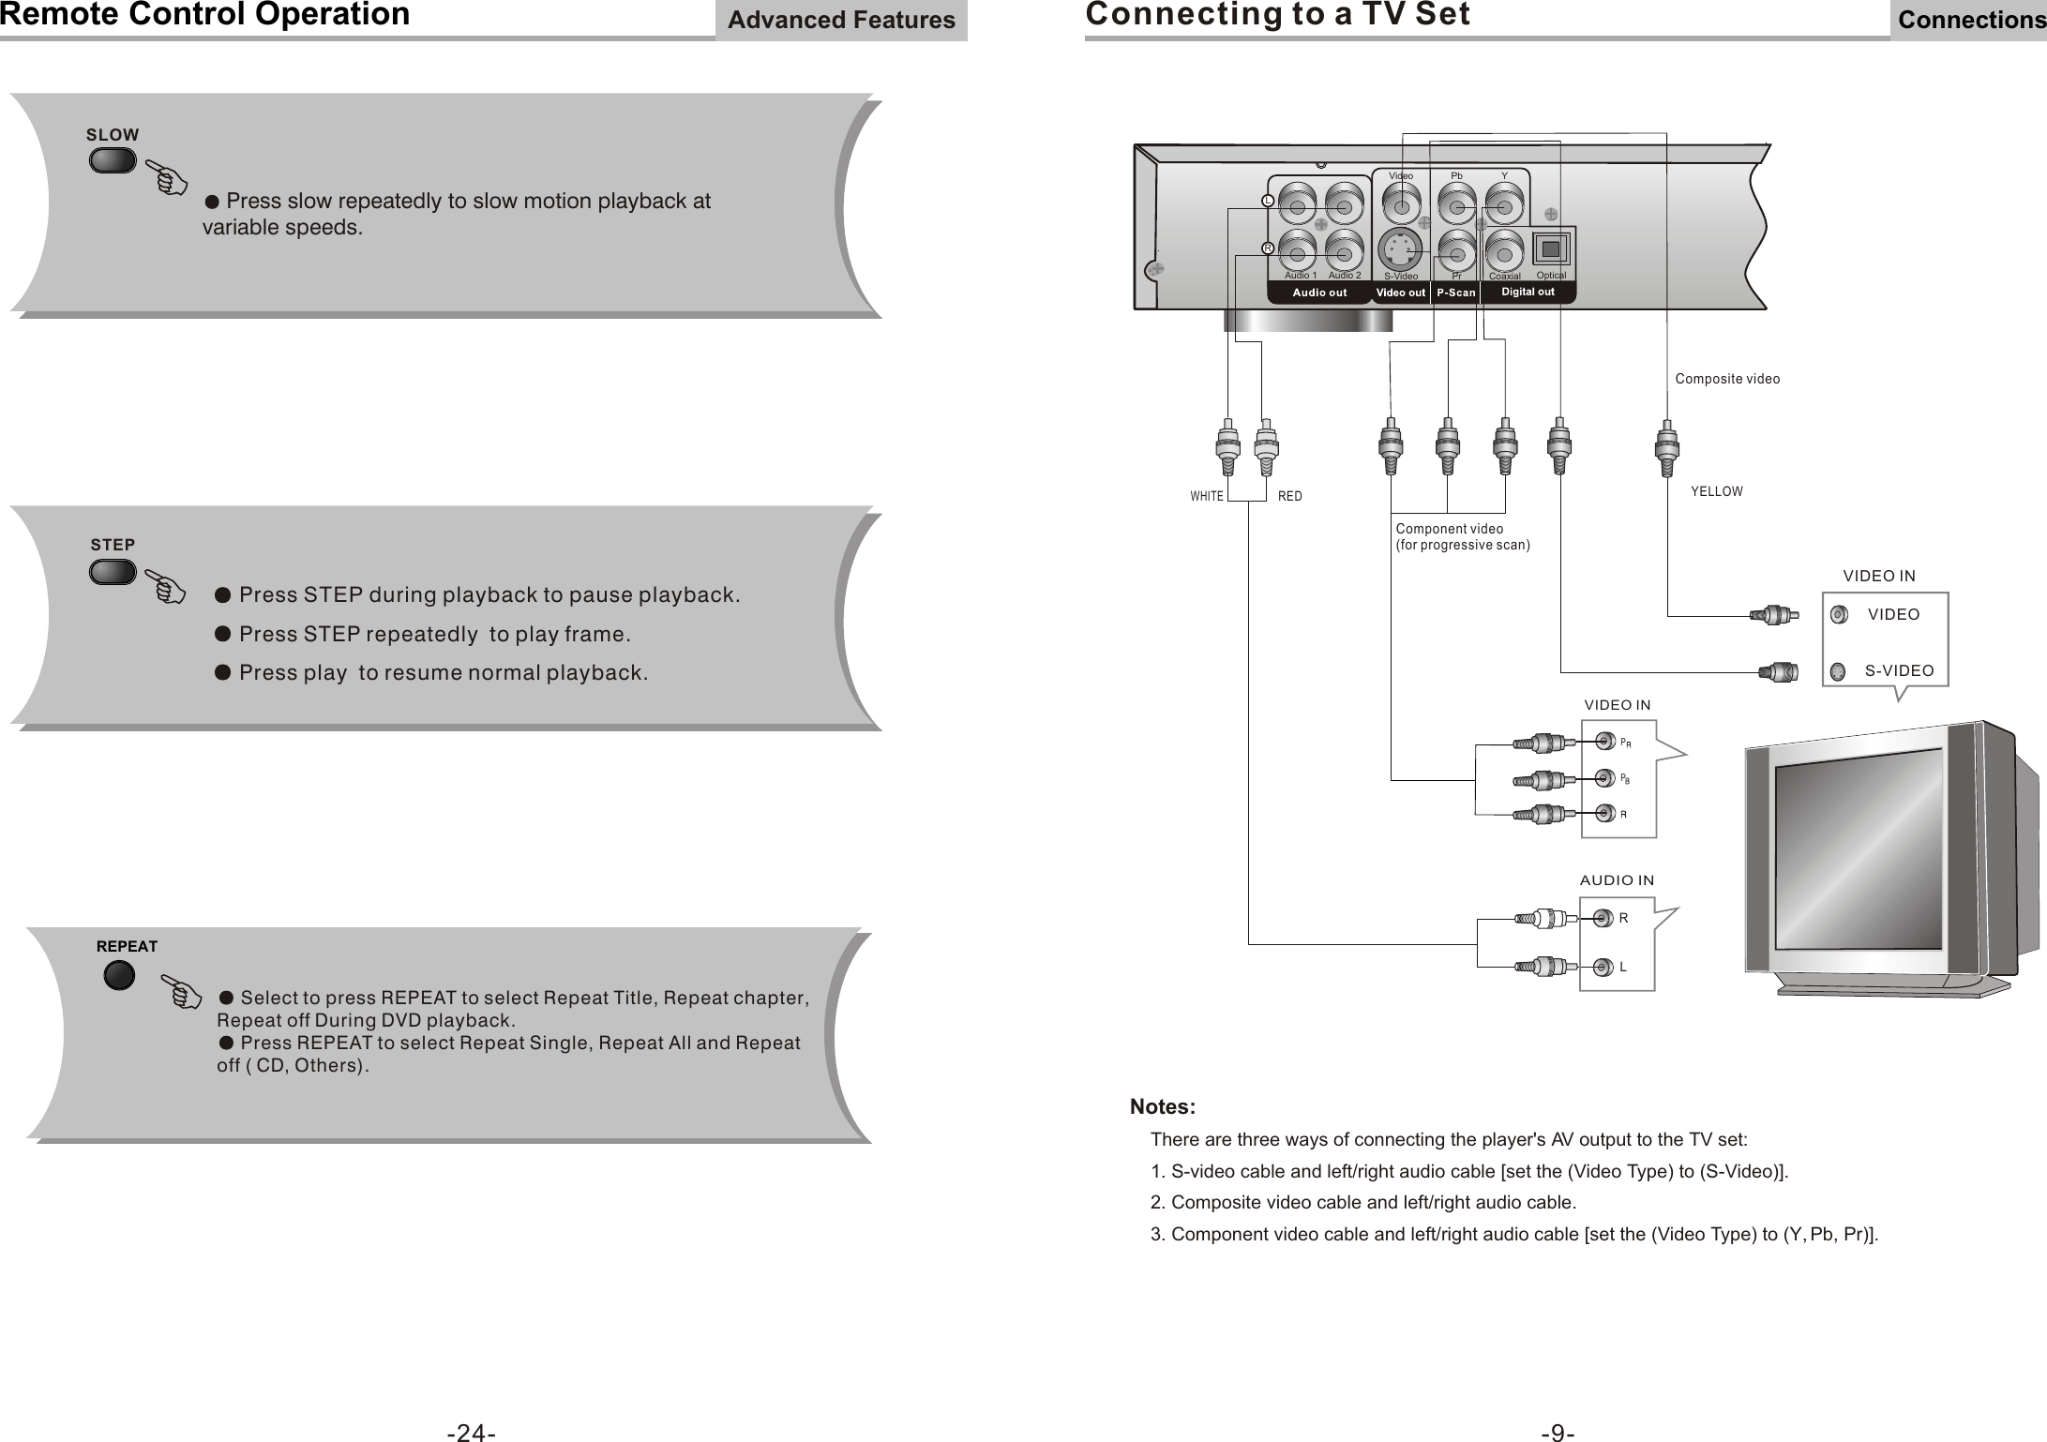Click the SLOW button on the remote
click(113, 160)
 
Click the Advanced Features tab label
click(841, 21)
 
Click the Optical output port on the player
click(1552, 250)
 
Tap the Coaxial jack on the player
click(1504, 251)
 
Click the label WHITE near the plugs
click(1207, 497)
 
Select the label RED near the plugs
click(1290, 497)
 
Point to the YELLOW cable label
click(1716, 492)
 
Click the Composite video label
click(1727, 380)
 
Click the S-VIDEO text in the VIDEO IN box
click(1899, 671)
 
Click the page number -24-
click(471, 1433)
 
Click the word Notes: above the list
click(1163, 1107)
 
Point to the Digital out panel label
click(1528, 293)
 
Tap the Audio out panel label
click(1319, 293)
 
